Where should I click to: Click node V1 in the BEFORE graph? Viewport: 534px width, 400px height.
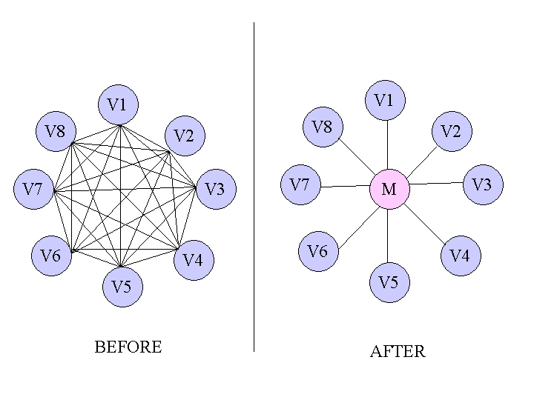[118, 105]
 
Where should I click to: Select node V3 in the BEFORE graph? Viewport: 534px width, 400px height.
[214, 189]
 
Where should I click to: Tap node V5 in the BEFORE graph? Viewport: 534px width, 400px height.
[122, 287]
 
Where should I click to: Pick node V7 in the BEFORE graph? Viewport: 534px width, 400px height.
[33, 189]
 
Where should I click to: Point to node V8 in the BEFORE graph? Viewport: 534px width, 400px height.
[56, 133]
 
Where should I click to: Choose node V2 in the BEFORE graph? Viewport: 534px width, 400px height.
[184, 136]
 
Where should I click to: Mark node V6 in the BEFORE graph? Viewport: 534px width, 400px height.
[50, 256]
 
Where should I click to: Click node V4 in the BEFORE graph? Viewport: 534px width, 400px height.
[193, 259]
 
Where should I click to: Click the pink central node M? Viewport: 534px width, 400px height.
[389, 189]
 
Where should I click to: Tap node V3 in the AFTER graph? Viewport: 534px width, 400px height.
[483, 184]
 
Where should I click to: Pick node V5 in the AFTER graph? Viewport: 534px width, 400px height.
[389, 282]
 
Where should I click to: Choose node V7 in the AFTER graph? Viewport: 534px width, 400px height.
[300, 184]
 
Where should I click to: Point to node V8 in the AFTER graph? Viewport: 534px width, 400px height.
[323, 127]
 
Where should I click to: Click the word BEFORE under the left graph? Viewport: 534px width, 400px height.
[128, 347]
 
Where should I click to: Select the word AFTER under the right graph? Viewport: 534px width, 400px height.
[398, 352]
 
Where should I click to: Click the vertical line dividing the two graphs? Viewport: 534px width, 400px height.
[254, 185]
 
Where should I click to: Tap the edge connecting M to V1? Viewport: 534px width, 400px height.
[388, 145]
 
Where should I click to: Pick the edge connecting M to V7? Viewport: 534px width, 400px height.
[345, 187]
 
